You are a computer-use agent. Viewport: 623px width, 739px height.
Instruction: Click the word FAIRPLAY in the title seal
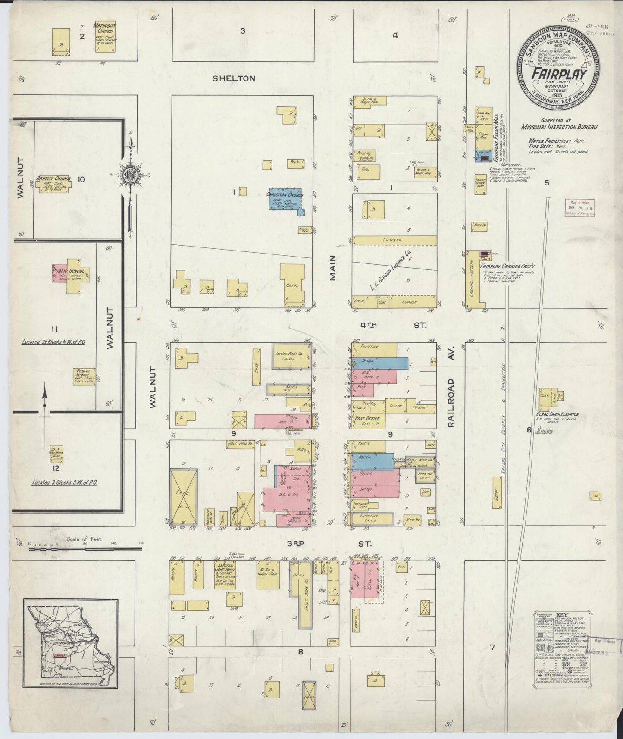coord(558,74)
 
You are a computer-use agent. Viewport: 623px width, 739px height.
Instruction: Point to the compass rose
coord(130,175)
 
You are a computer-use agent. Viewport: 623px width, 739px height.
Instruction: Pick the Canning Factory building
coord(471,280)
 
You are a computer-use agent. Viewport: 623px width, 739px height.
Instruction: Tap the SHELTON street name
coord(234,78)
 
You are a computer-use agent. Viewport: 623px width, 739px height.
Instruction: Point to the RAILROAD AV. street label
coord(451,403)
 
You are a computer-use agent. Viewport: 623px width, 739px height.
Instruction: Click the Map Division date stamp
coord(580,207)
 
